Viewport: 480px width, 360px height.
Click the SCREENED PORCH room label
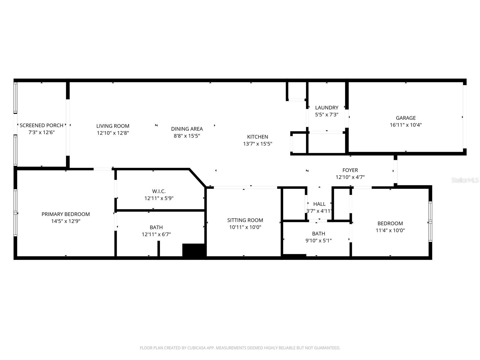[x=41, y=125]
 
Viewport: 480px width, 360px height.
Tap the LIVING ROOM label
[x=113, y=126]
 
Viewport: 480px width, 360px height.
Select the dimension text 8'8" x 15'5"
[x=187, y=136]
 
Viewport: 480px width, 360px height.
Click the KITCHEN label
[x=257, y=137]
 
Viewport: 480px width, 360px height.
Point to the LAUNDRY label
[x=327, y=107]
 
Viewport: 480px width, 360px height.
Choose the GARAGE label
[x=406, y=118]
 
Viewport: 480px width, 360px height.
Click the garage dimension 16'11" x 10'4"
[x=406, y=125]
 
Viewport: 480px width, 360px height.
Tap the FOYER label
[x=350, y=170]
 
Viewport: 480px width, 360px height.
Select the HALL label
[x=319, y=204]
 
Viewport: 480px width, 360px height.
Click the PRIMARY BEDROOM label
[x=66, y=214]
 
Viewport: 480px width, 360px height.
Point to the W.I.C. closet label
[x=159, y=191]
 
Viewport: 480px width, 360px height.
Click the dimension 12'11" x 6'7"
[x=156, y=235]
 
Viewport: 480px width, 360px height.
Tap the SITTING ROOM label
[x=245, y=220]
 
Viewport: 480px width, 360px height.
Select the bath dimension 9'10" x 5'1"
[x=318, y=241]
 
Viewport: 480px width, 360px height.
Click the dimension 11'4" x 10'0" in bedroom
[x=390, y=230]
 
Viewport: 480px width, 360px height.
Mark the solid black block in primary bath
[x=193, y=250]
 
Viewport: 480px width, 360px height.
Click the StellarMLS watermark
[x=465, y=180]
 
